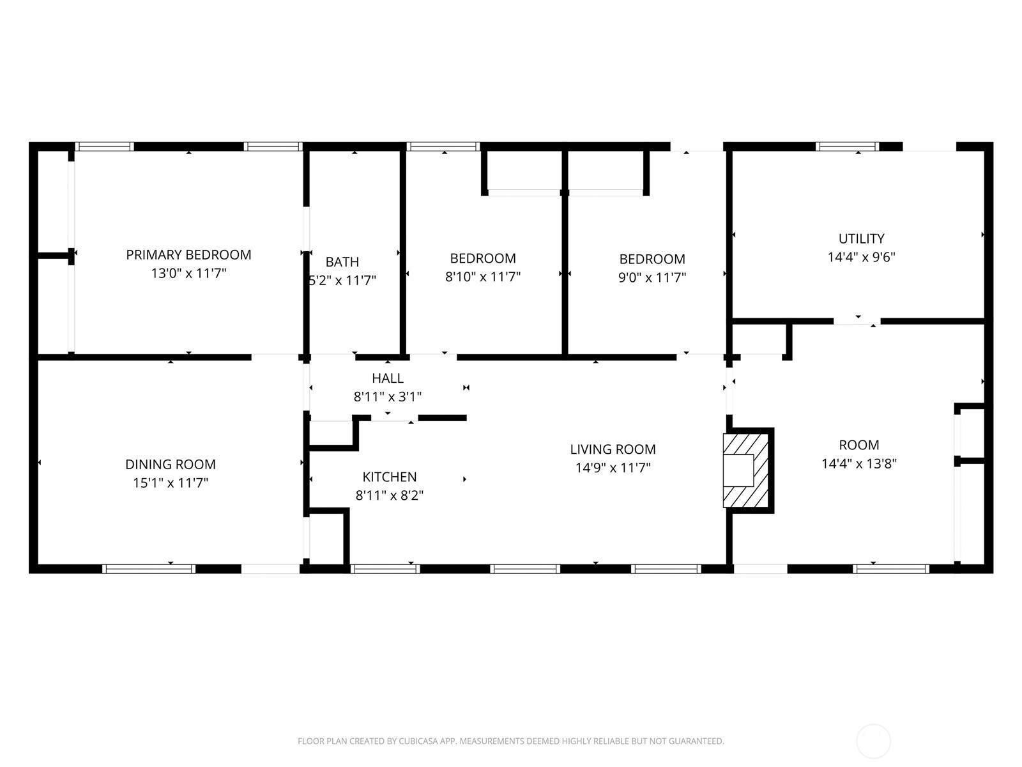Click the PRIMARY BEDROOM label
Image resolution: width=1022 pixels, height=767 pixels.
(x=188, y=255)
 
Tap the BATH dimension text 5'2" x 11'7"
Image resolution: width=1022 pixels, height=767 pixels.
(x=342, y=280)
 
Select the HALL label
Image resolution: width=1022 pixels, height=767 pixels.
(x=388, y=378)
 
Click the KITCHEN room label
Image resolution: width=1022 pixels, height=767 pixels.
(x=390, y=477)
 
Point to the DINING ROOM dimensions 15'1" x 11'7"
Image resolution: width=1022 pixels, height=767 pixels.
(x=171, y=483)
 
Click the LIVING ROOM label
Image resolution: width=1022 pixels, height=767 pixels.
(x=613, y=449)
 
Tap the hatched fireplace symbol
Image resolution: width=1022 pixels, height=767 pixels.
(x=745, y=471)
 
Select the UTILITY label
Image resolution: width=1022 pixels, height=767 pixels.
(x=861, y=238)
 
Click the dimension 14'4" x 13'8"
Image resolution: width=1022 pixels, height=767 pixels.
(x=859, y=463)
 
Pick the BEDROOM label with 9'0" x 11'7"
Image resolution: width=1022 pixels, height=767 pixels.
(x=652, y=259)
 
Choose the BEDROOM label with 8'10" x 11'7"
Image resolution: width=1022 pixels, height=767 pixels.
(x=483, y=258)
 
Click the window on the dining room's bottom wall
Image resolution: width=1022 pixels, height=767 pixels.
(x=149, y=568)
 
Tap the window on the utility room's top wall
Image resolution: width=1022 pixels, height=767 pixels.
(x=847, y=146)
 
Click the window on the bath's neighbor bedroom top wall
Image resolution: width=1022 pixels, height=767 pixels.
(x=443, y=146)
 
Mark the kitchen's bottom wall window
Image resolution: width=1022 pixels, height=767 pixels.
(x=385, y=568)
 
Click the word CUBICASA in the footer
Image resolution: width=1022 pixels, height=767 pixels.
(x=418, y=741)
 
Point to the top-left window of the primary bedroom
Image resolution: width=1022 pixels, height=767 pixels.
(x=105, y=146)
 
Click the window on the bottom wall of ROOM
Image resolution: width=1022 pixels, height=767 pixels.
(x=891, y=568)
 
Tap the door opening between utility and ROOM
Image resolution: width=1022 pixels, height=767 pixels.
(x=857, y=321)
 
